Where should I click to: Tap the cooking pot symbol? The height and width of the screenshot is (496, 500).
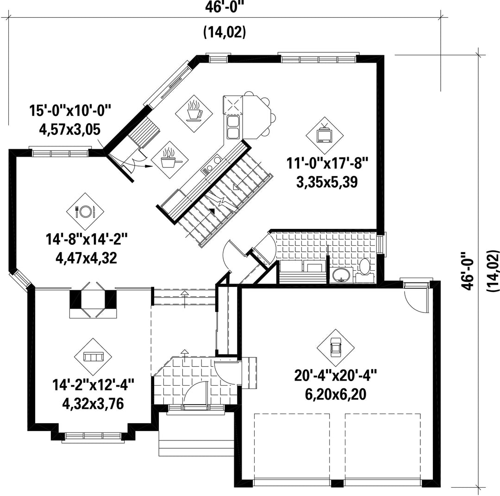(169, 159)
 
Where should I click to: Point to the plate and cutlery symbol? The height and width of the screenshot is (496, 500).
(85, 211)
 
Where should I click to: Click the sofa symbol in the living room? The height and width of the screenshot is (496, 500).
(93, 357)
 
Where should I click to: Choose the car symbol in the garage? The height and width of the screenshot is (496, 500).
(336, 348)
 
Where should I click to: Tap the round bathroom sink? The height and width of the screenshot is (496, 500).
(342, 275)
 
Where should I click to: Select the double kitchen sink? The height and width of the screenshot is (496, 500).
(232, 127)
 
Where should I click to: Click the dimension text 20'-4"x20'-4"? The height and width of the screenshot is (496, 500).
(336, 375)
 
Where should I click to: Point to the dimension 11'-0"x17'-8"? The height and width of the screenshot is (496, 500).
(327, 164)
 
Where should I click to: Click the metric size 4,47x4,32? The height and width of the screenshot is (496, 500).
(87, 257)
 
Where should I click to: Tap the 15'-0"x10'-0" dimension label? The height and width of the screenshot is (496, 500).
(70, 111)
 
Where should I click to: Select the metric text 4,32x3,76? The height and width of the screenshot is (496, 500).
(93, 404)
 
